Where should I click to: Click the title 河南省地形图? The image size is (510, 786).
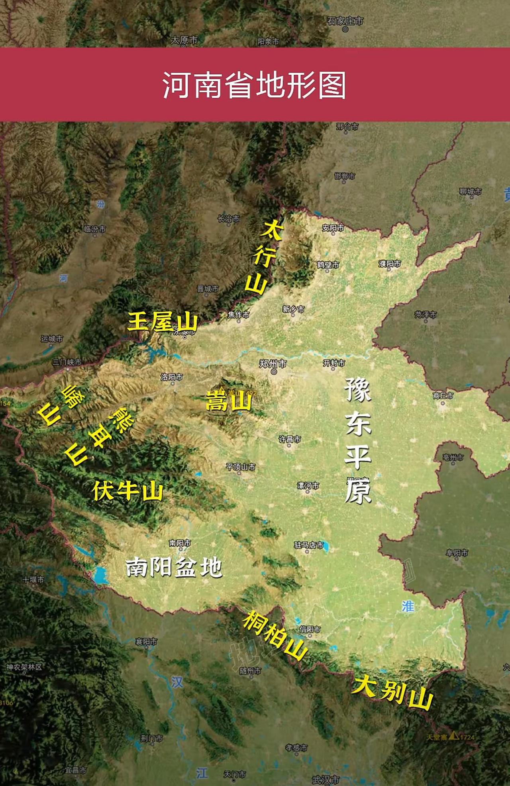click(254, 85)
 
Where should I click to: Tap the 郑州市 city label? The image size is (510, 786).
click(273, 364)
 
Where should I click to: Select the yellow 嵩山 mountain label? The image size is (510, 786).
click(228, 401)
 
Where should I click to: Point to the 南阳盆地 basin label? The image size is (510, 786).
click(174, 567)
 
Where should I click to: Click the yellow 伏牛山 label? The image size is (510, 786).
click(128, 491)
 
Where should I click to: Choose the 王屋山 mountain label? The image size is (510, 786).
click(162, 322)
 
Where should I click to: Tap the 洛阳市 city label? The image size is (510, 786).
click(172, 377)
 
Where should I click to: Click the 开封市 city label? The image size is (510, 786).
click(334, 363)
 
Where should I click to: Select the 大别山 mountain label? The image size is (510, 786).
click(392, 692)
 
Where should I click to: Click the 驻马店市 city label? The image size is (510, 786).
click(309, 545)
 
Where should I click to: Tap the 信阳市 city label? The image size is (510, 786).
click(310, 629)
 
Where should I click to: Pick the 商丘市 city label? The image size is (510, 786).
click(443, 395)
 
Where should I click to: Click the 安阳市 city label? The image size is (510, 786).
click(333, 228)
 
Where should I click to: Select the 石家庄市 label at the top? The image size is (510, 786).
click(345, 21)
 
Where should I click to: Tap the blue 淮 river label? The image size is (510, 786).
click(408, 606)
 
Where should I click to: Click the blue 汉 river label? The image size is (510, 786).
click(177, 682)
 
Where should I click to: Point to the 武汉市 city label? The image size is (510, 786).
click(326, 779)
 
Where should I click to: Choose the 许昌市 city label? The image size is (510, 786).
click(290, 439)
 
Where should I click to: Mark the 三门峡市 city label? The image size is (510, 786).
click(67, 362)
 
